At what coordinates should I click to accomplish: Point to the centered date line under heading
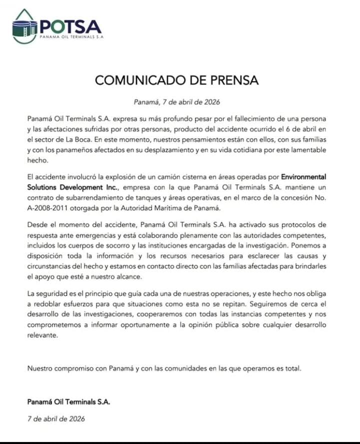[x=177, y=102]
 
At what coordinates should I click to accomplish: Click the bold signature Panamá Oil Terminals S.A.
[x=68, y=402]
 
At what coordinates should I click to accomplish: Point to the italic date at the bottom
[x=56, y=419]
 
